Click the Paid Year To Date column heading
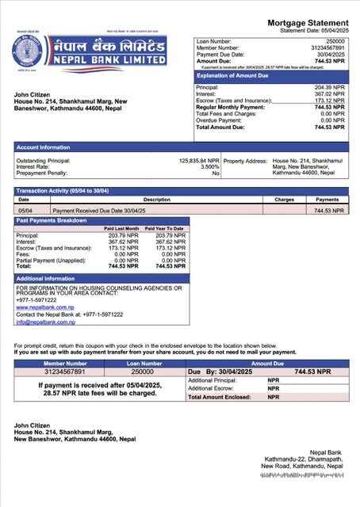tap(165, 228)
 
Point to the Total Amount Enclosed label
tap(222, 397)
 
